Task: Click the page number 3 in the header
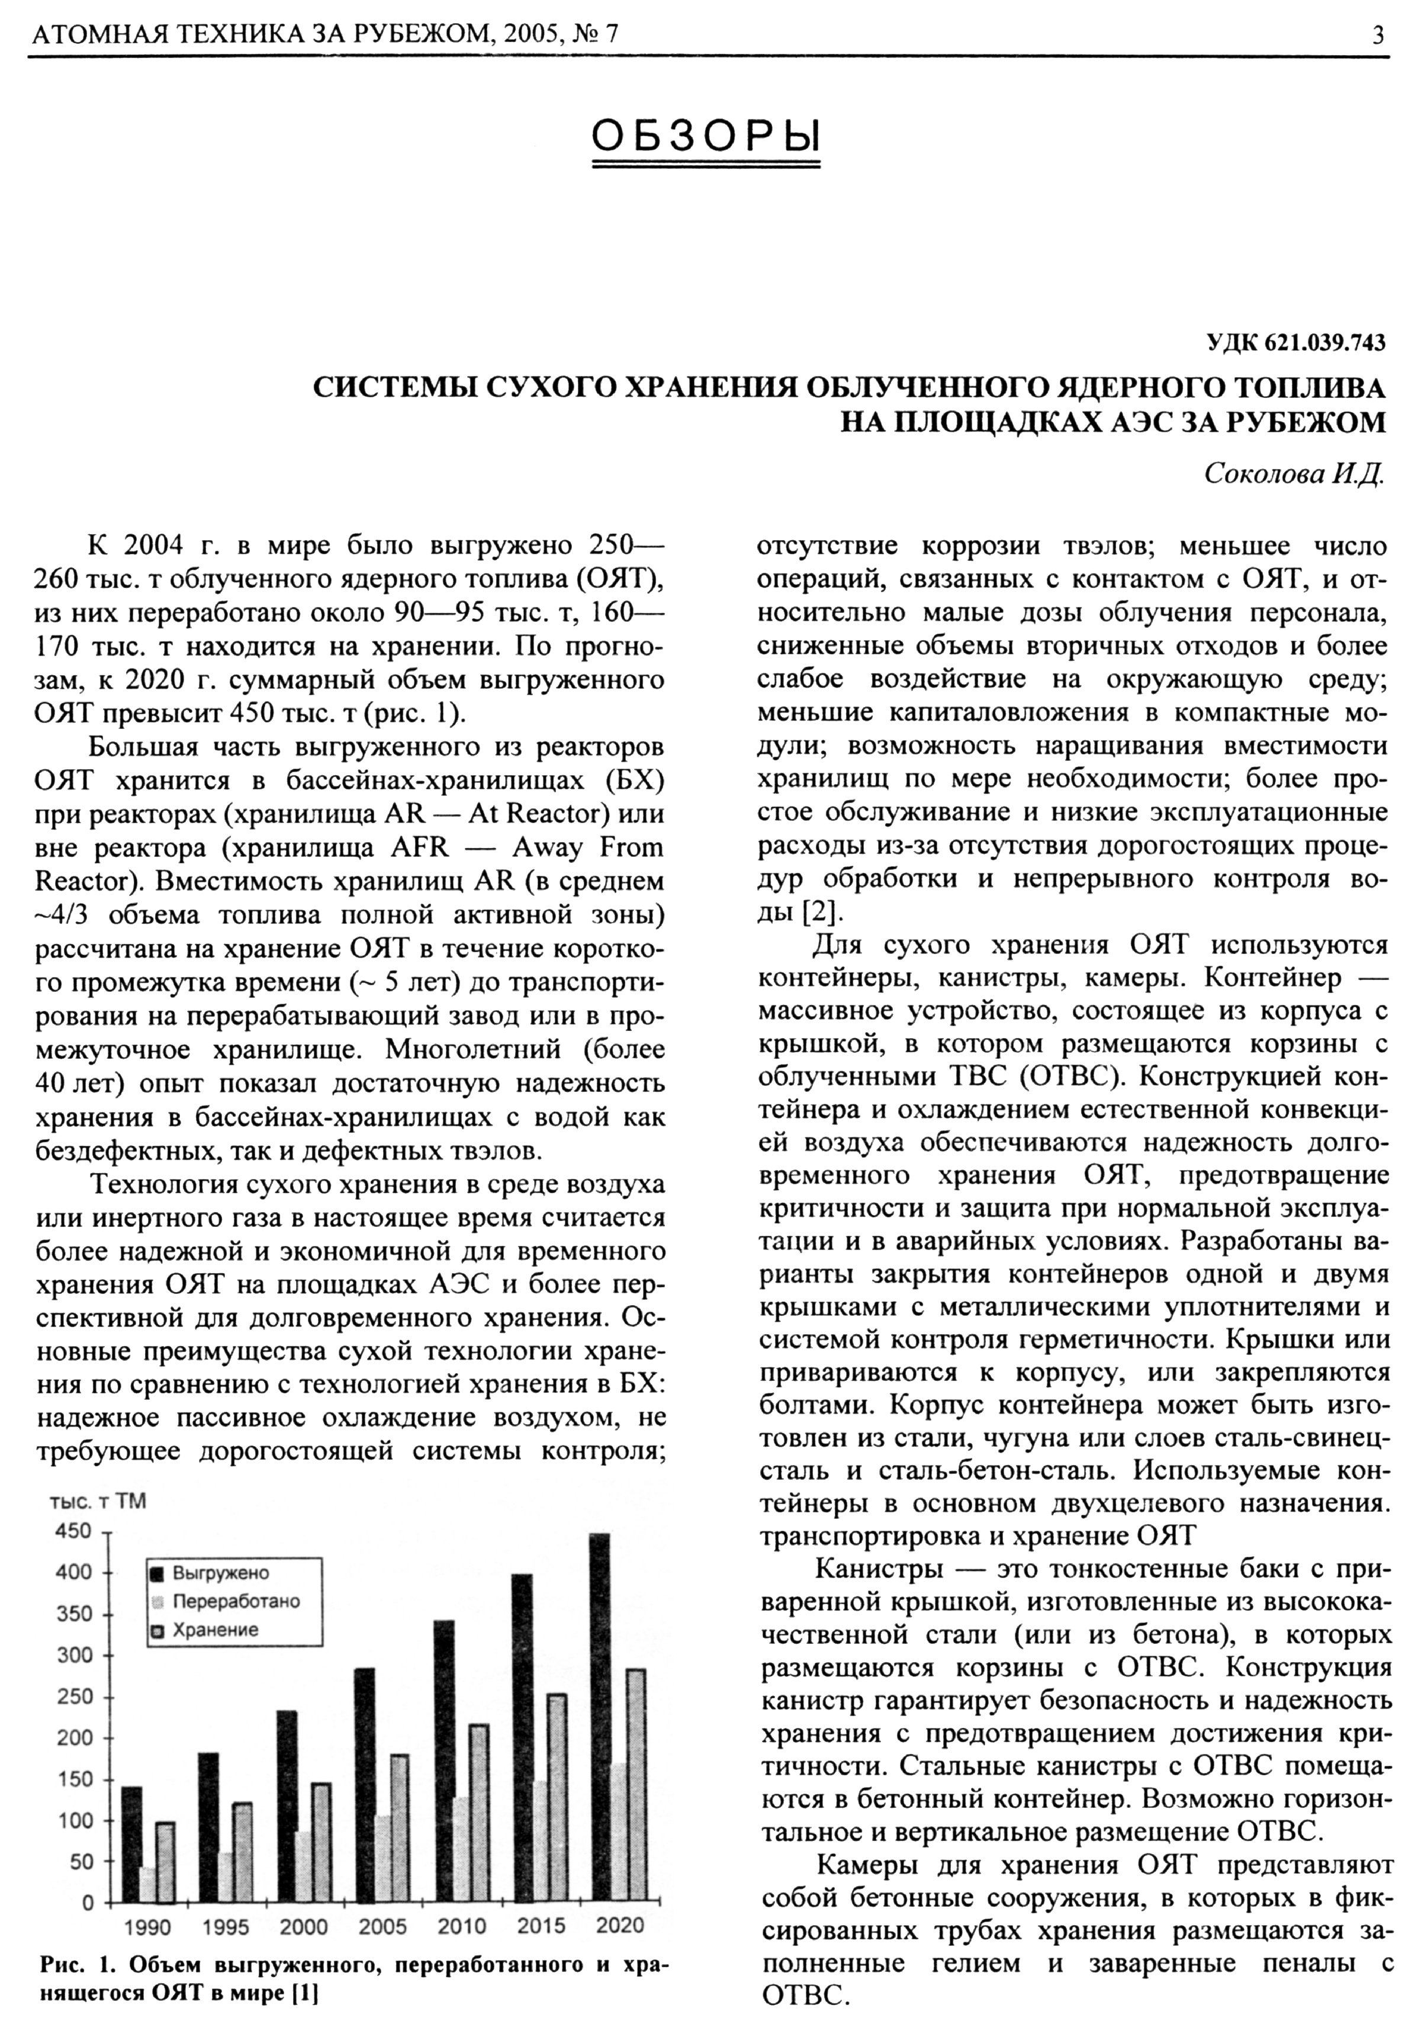tap(1377, 36)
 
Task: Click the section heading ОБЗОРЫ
tap(705, 137)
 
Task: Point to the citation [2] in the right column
tap(818, 911)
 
